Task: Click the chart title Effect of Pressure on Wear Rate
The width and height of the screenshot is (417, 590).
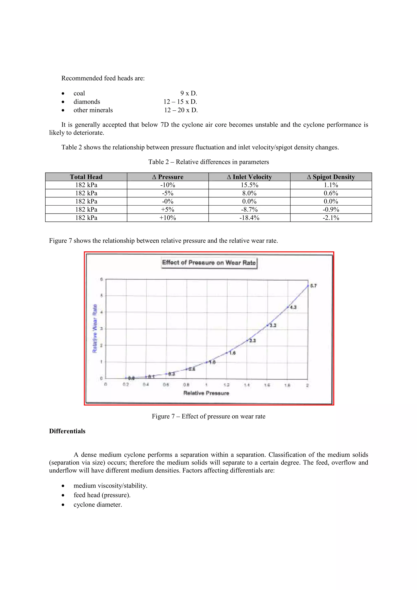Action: (x=209, y=263)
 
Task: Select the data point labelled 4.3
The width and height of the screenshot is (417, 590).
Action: (x=288, y=307)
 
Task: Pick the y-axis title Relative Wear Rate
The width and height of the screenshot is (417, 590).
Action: (x=95, y=328)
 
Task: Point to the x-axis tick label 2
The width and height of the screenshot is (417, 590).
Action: (x=307, y=385)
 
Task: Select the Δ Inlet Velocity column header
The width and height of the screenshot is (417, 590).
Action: (x=249, y=177)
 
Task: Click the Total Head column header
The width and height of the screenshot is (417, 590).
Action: (x=86, y=177)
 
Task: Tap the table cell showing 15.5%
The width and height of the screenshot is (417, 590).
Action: (x=249, y=185)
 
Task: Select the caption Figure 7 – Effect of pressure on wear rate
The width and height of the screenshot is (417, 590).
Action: (x=208, y=416)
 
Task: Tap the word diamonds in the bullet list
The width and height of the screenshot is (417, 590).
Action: (x=87, y=102)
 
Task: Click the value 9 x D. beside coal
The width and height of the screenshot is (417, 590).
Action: (x=189, y=93)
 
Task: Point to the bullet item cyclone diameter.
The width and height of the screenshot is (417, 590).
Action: (x=98, y=504)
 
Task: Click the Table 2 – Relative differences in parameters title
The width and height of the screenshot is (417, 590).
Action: (x=208, y=162)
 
